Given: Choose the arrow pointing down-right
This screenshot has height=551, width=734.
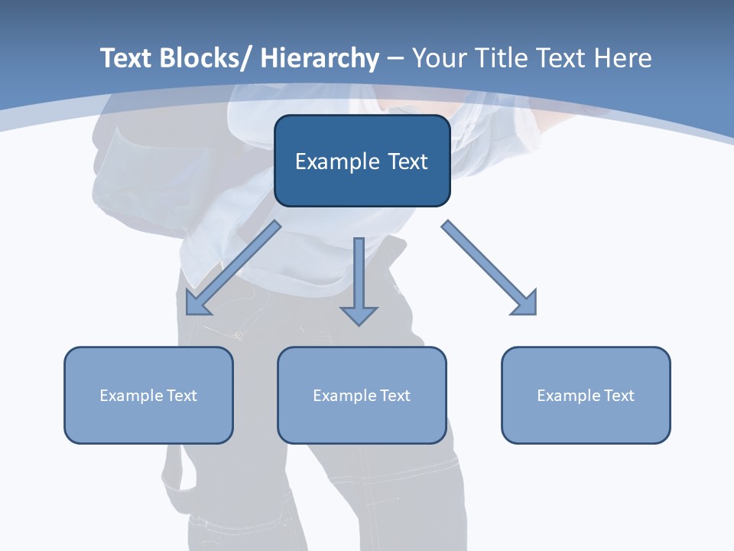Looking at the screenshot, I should [489, 268].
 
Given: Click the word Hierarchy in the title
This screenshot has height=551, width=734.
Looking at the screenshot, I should [320, 58].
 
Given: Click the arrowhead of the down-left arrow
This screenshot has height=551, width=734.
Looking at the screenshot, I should [197, 304].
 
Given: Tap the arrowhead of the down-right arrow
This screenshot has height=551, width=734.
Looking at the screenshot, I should [525, 304].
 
